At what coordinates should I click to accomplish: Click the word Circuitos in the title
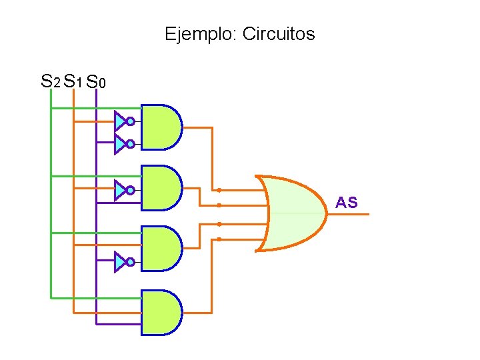278,34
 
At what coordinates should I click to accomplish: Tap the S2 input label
50,81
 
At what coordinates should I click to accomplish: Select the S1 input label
73,82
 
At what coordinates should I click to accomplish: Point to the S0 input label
96,82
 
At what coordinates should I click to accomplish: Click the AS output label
347,203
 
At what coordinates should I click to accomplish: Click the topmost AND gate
161,127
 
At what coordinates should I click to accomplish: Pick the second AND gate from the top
161,188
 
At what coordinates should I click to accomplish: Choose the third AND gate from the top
161,248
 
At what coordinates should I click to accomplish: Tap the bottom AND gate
161,312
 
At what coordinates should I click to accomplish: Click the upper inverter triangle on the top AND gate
119,121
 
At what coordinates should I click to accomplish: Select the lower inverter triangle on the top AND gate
119,144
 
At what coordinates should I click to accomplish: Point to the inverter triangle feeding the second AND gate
119,191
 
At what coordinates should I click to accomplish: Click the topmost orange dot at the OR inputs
219,190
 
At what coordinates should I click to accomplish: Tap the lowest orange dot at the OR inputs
219,239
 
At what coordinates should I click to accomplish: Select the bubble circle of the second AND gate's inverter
131,191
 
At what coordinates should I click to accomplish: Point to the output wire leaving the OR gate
350,213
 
